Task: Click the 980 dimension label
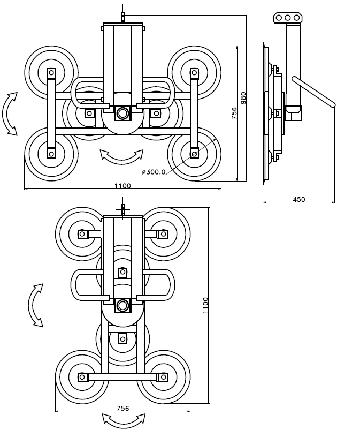click(x=243, y=98)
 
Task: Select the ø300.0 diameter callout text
click(x=154, y=172)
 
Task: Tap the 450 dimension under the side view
click(x=298, y=199)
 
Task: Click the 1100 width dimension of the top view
click(x=122, y=186)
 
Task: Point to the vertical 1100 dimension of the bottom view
click(x=205, y=305)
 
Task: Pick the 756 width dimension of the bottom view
click(x=122, y=409)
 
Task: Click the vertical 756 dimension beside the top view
click(x=234, y=113)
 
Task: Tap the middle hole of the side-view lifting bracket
click(x=287, y=18)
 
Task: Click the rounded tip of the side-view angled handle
click(x=333, y=104)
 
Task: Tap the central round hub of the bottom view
click(x=122, y=305)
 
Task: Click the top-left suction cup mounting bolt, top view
click(x=51, y=73)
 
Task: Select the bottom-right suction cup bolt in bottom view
click(x=163, y=377)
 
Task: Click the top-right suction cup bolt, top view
click(x=194, y=73)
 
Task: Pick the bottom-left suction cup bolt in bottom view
click(x=82, y=377)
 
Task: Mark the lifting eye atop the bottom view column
click(x=122, y=210)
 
